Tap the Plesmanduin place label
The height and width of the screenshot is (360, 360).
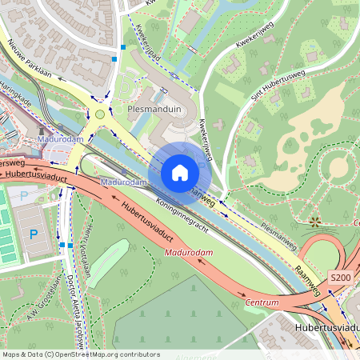157,106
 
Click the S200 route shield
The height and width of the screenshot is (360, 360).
341,277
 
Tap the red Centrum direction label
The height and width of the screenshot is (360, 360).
262,302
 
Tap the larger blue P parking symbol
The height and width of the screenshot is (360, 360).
34,234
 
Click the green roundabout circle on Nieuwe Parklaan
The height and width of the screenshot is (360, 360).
100,114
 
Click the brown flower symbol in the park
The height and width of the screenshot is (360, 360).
315,220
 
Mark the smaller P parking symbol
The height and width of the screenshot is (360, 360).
23,195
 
